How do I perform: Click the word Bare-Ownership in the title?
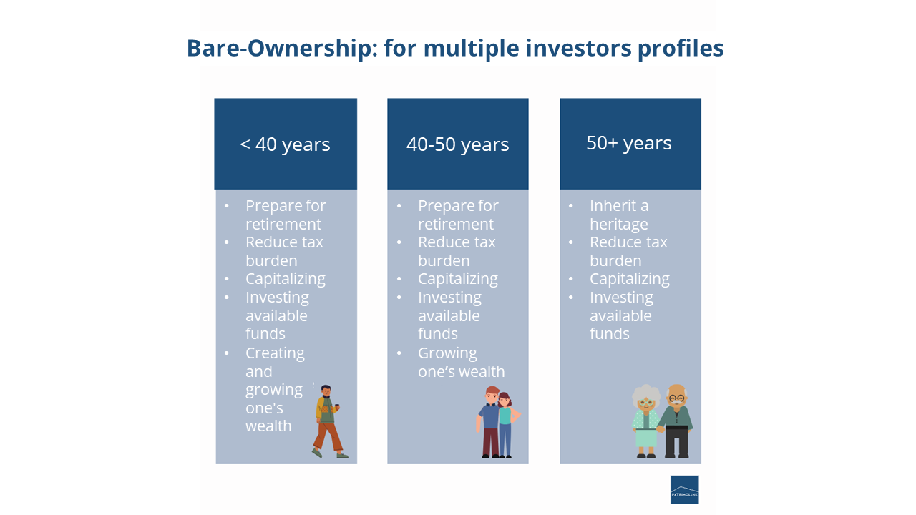(281, 49)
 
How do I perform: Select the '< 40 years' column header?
(285, 144)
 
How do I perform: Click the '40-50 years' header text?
(457, 144)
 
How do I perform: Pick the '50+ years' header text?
(629, 143)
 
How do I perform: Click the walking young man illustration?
(328, 421)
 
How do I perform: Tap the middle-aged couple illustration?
(497, 422)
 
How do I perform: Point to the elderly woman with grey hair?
(646, 421)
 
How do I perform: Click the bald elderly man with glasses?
(676, 421)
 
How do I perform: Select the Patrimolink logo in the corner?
(684, 490)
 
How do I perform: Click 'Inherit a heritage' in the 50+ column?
(619, 215)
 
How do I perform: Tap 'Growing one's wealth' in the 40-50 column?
(461, 363)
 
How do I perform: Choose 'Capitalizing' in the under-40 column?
(285, 279)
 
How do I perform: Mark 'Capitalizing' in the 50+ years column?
(629, 279)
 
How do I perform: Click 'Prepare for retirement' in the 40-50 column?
(458, 215)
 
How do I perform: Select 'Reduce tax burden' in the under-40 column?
(284, 251)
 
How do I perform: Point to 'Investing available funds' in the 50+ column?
(620, 315)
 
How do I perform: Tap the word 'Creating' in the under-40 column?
(275, 353)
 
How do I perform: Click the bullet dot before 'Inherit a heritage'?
(571, 206)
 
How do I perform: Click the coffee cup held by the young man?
(336, 406)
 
